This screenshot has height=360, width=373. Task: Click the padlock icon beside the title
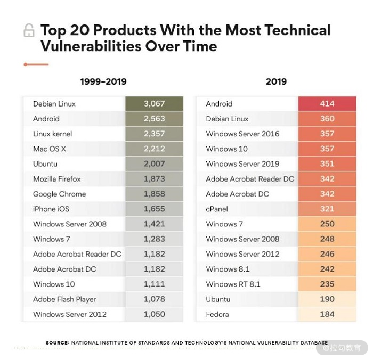(29, 31)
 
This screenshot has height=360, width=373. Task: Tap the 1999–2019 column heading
(103, 81)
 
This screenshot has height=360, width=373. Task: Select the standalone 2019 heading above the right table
(276, 81)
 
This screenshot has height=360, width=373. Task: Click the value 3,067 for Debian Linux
(154, 104)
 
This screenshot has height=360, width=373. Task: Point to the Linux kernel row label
(52, 134)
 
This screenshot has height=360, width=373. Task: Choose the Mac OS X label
(49, 149)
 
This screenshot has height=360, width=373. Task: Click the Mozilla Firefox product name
(57, 179)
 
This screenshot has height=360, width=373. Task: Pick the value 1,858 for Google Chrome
(154, 194)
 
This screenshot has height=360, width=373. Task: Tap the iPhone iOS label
(52, 209)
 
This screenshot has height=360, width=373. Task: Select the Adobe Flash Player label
(64, 299)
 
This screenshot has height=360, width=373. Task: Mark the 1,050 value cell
(154, 314)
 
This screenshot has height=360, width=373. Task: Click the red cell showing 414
(327, 104)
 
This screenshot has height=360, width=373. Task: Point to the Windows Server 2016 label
(242, 134)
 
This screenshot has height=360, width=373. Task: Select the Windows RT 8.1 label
(233, 284)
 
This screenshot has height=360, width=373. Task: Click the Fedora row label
(217, 314)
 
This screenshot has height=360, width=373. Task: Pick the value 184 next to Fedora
(327, 314)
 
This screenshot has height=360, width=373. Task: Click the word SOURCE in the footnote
(57, 343)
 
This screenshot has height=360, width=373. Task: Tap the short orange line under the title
(36, 64)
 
